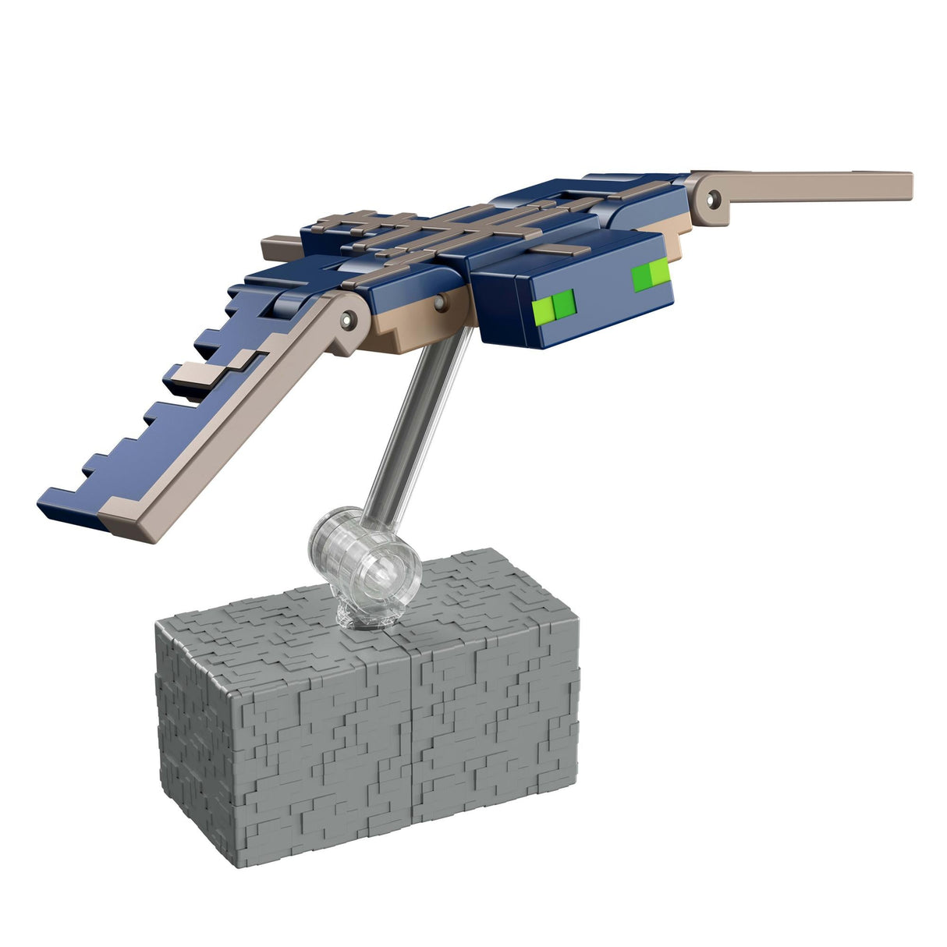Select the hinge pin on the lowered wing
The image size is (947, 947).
click(x=349, y=317)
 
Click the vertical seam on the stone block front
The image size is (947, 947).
click(x=409, y=725)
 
